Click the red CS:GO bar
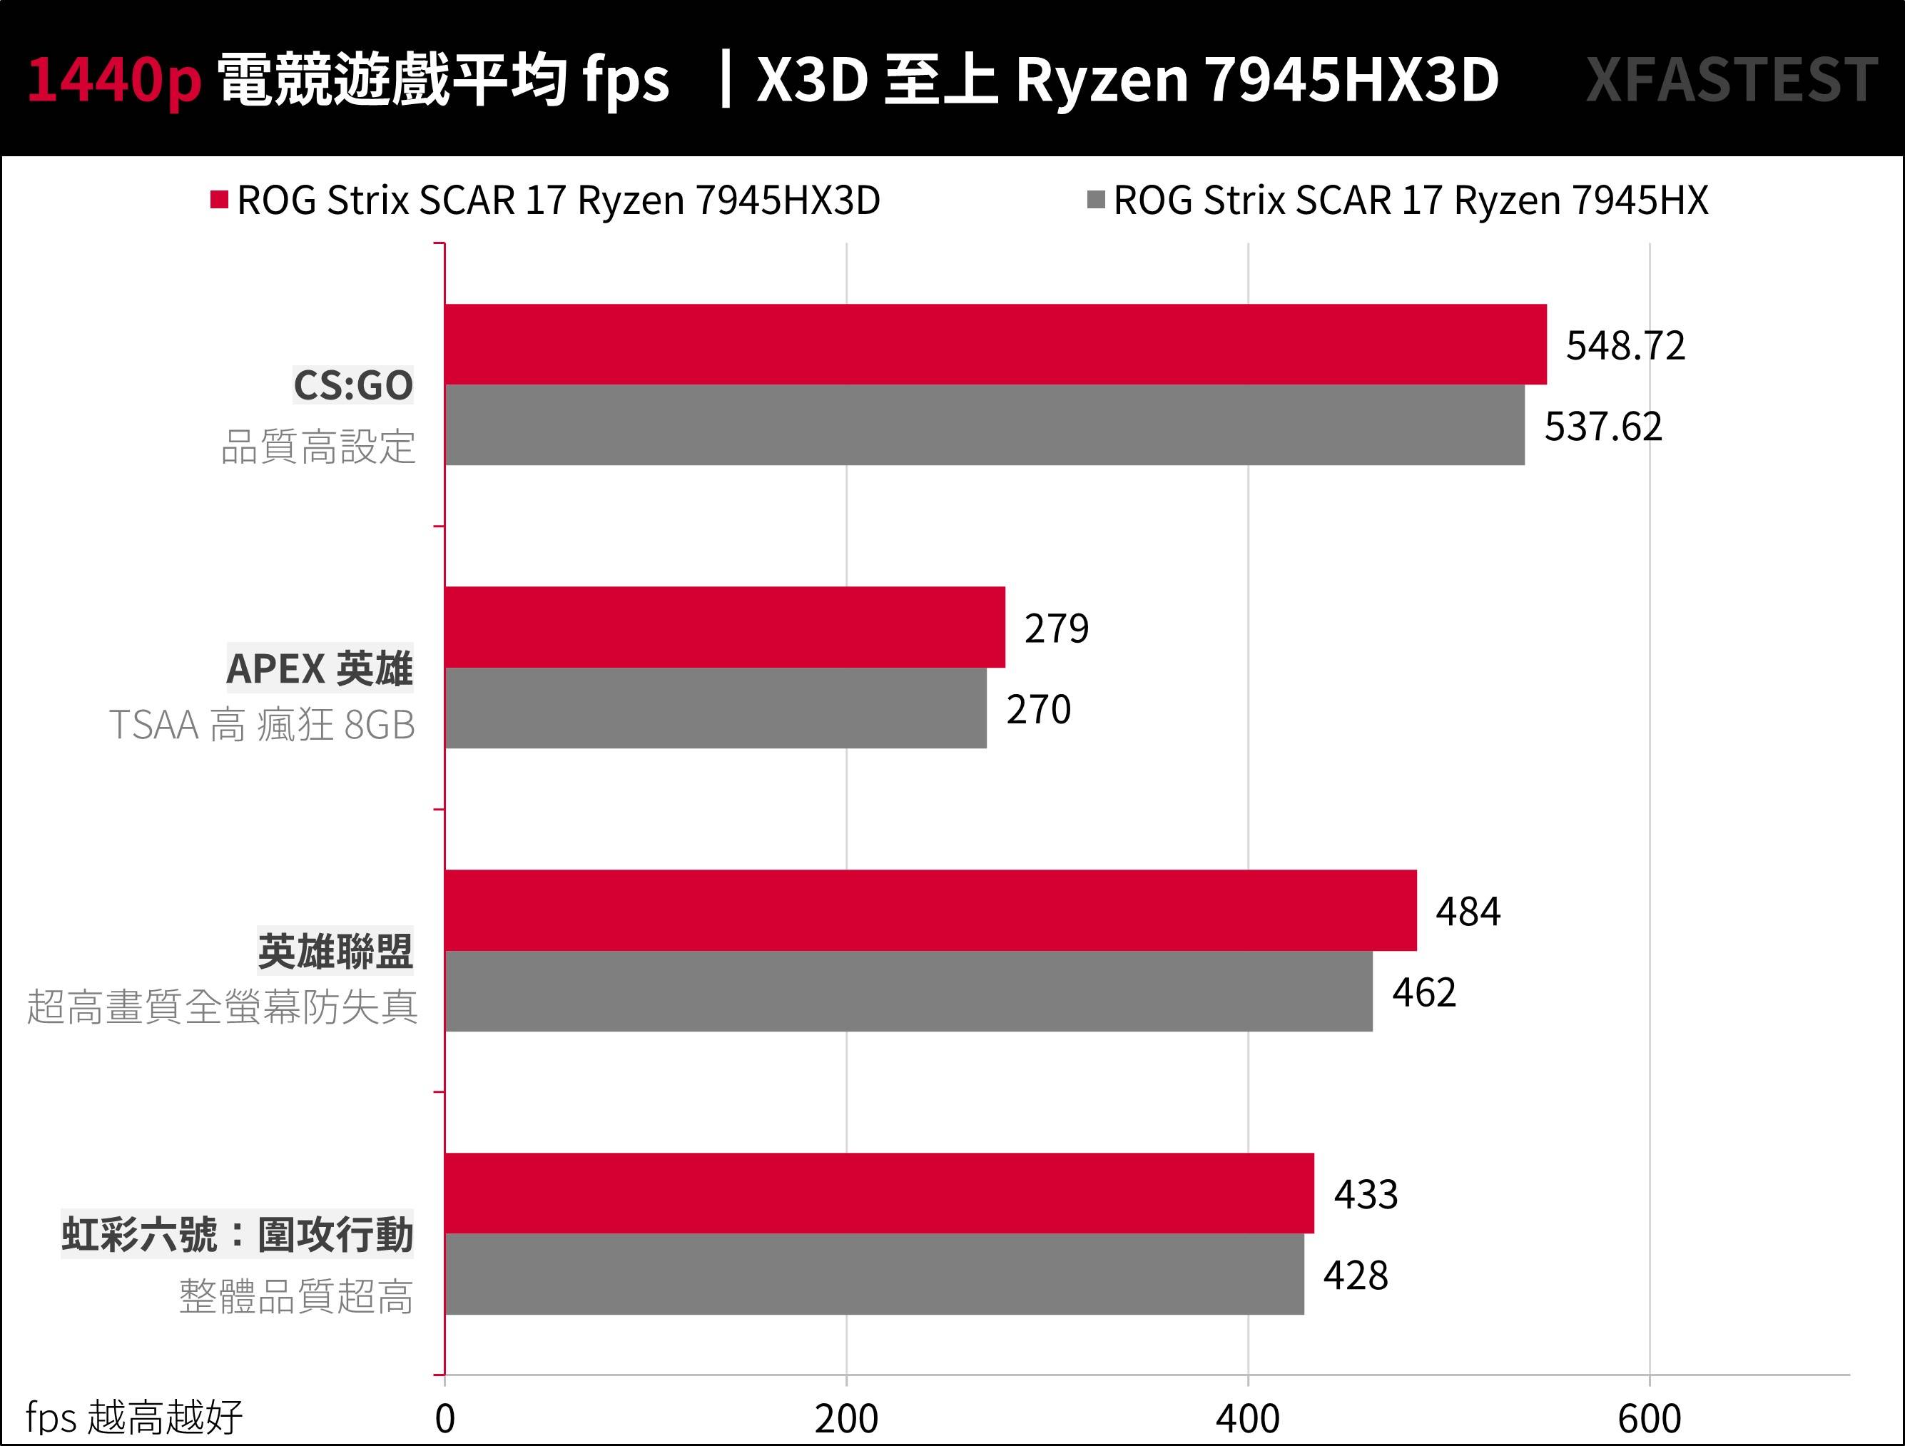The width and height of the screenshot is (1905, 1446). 995,344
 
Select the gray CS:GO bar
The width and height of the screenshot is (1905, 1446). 985,424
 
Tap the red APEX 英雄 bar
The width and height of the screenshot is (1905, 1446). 724,627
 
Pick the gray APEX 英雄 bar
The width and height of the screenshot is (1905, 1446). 715,708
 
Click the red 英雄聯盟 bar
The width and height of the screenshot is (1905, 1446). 930,910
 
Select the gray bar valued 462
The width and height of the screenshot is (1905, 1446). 908,992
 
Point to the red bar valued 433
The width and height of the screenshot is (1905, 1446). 879,1193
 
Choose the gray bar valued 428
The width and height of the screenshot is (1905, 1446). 874,1274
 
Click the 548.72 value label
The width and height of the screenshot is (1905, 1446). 1625,345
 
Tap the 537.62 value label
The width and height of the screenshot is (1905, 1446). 1602,427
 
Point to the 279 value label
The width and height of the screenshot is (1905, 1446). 1056,628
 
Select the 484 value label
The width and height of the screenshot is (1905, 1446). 1468,911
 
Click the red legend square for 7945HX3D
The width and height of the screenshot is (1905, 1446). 219,200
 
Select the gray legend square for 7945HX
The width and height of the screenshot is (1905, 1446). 1095,200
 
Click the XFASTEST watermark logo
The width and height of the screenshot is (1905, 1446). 1731,80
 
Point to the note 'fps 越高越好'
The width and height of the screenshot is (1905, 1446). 133,1417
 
